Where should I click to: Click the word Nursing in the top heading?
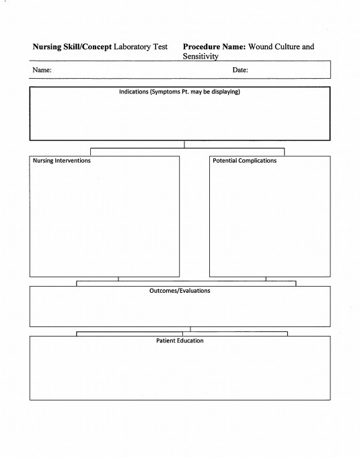(46, 47)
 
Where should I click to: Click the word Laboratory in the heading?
(131, 47)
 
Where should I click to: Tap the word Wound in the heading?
(260, 47)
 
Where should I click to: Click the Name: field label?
(42, 70)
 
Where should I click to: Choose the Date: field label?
(240, 70)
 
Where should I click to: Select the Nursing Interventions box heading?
(61, 161)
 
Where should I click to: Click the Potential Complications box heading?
(244, 161)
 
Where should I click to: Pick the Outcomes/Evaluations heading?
(180, 291)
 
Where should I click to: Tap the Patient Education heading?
(180, 341)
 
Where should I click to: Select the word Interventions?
(73, 161)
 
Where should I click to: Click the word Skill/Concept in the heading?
(87, 47)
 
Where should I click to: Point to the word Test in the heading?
(159, 47)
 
